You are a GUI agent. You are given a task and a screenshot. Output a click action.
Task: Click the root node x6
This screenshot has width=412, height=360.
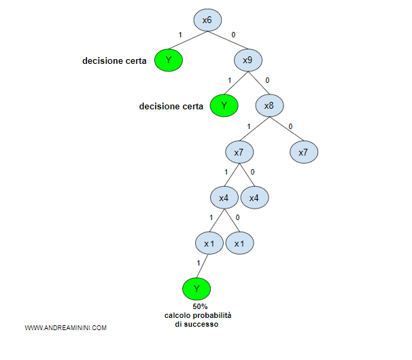pos(207,20)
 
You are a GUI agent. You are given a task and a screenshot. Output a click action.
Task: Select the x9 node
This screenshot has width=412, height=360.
pos(247,61)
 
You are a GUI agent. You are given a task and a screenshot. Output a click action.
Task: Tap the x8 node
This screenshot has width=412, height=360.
pos(269,105)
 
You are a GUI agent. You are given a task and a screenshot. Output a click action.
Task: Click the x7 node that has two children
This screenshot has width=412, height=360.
pos(239,152)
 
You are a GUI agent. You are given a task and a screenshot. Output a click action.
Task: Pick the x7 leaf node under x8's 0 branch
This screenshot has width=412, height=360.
pos(303,152)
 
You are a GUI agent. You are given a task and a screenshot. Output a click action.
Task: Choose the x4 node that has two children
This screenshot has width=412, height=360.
pos(223,198)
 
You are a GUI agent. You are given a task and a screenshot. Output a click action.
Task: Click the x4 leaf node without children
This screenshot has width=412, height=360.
pos(254,198)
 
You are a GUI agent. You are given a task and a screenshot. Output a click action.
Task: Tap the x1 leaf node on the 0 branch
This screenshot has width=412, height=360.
pos(239,243)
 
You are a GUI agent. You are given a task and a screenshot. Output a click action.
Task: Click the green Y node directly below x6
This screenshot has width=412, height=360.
pos(168,61)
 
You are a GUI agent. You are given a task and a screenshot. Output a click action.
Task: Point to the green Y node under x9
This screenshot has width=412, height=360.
pos(224,105)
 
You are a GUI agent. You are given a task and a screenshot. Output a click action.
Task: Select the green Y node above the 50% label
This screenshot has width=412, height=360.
pos(196,289)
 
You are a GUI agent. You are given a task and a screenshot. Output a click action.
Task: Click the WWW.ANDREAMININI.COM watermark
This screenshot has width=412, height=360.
pos(66,328)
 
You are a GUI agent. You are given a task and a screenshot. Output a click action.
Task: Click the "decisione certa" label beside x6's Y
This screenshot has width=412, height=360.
pos(114,61)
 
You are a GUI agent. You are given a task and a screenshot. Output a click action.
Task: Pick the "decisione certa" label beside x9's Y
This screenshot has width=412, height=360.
pos(171,106)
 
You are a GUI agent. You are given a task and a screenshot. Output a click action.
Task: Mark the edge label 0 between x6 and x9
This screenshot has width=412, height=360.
pos(234,34)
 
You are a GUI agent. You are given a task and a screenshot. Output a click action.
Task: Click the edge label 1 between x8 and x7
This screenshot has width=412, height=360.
pos(249,126)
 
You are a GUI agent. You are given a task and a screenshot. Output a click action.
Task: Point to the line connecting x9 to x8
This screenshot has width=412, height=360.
pos(258,83)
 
